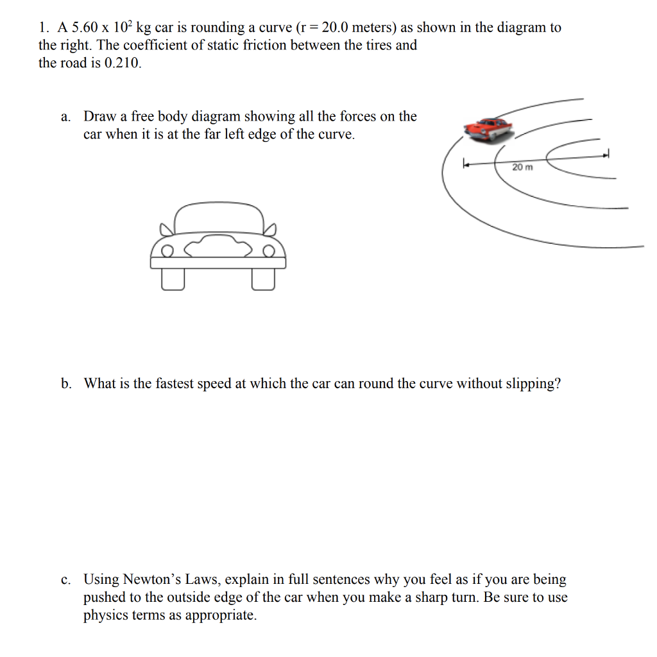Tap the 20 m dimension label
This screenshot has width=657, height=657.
[x=522, y=167]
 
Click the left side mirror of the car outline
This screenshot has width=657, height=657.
[x=166, y=228]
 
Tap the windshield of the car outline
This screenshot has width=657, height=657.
[x=219, y=218]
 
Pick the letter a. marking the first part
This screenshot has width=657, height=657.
[x=65, y=117]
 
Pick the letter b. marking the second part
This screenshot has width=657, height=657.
[x=66, y=384]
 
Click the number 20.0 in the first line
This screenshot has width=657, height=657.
[x=338, y=28]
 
